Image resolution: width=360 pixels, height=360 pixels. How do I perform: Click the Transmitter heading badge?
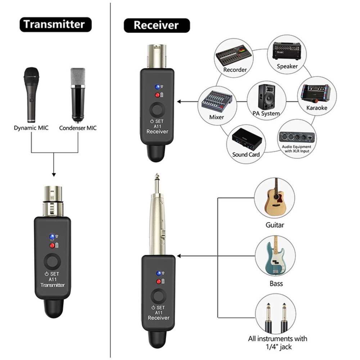pyautogui.click(x=54, y=24)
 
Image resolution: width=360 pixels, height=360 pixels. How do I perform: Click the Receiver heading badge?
pyautogui.click(x=156, y=25)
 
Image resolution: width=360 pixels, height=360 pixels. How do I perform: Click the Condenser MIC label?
pyautogui.click(x=78, y=128)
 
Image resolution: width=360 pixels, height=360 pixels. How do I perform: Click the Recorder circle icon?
pyautogui.click(x=234, y=58)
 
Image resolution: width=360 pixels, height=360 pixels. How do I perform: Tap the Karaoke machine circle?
pyautogui.click(x=316, y=95)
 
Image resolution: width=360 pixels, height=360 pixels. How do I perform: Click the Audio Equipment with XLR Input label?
pyautogui.click(x=297, y=149)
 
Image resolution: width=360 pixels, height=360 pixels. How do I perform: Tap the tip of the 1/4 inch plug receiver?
pyautogui.click(x=157, y=180)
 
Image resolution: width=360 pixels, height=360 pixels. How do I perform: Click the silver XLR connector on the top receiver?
pyautogui.click(x=157, y=56)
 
